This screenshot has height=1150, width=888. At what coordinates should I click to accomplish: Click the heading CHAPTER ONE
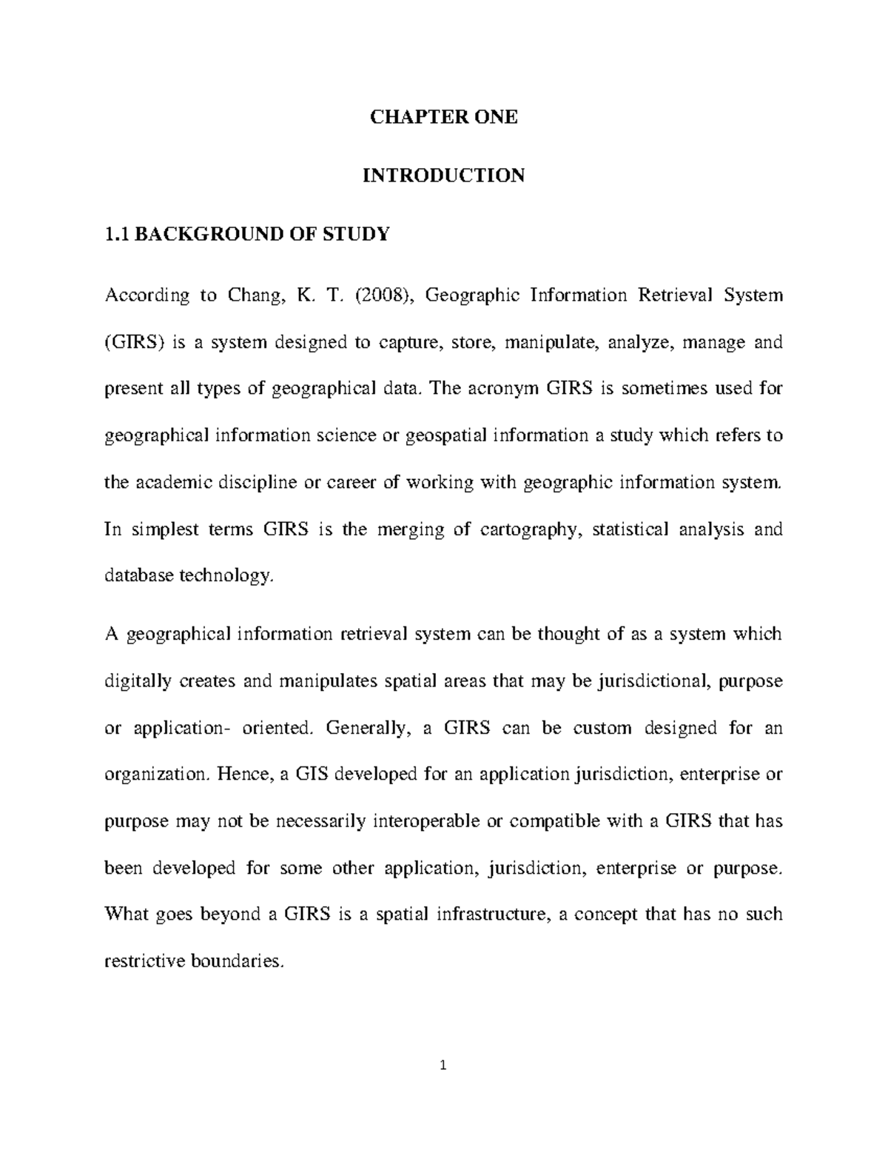[x=443, y=117]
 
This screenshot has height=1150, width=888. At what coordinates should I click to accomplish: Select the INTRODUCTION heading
[x=443, y=175]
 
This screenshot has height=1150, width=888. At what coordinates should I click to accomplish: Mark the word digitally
[x=138, y=681]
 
